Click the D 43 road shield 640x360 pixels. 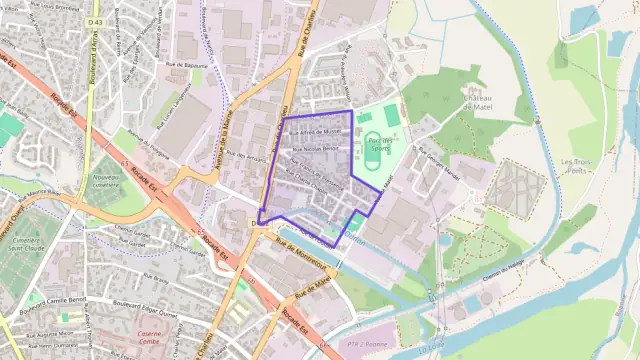pyautogui.click(x=96, y=21)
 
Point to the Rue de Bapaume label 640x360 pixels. pyautogui.click(x=187, y=65)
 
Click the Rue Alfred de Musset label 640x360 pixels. pyautogui.click(x=315, y=131)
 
